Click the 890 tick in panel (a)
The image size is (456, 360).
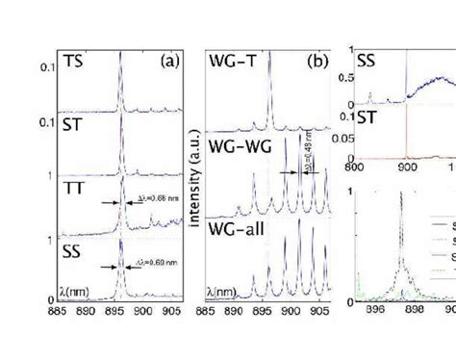point(86,286)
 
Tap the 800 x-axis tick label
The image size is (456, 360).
point(356,166)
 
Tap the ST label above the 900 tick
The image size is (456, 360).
point(366,119)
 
